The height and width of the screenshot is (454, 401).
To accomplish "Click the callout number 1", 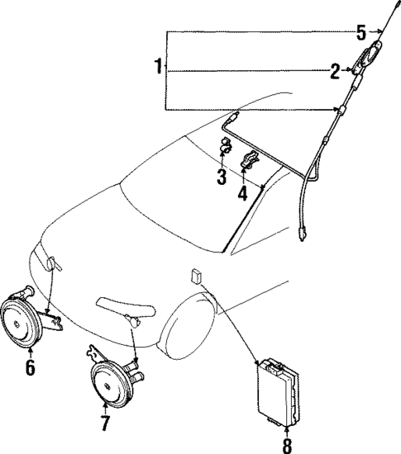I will click(x=158, y=67).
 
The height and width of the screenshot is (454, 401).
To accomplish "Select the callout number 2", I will click(x=335, y=72).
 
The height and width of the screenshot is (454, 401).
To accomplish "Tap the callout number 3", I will click(x=222, y=176).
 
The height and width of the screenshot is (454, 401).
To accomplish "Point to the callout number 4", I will click(x=242, y=194).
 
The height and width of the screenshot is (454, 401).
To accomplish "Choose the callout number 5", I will click(x=360, y=33).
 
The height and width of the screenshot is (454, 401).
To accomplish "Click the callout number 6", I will click(x=30, y=367).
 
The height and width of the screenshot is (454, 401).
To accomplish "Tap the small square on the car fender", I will click(x=197, y=274).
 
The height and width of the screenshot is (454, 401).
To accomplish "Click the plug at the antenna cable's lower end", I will click(x=303, y=238).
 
